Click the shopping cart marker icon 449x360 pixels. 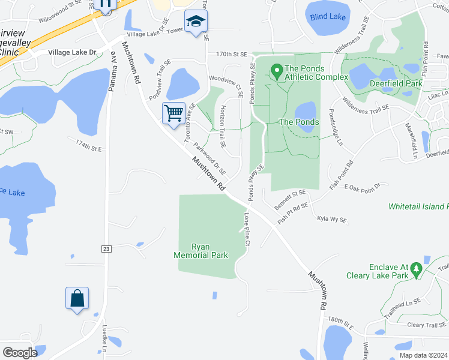(173, 112)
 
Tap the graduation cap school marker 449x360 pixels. (194, 22)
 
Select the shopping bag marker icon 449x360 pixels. (77, 298)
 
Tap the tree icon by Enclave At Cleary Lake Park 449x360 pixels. (416, 275)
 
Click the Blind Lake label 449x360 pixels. (328, 16)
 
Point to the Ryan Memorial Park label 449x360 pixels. (201, 251)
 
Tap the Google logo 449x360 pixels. (20, 353)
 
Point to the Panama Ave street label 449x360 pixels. (112, 71)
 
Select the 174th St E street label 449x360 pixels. (89, 145)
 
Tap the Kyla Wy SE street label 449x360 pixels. (332, 220)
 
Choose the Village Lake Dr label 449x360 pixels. (73, 53)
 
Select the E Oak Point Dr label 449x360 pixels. (363, 187)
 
